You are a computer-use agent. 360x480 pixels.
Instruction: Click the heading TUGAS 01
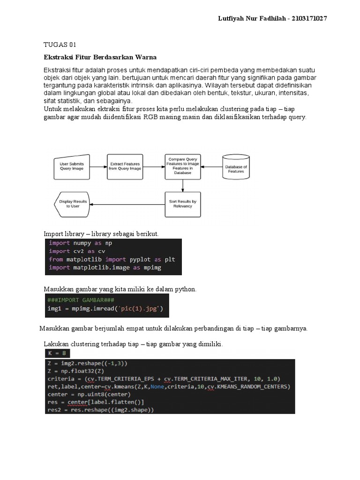click(x=60, y=45)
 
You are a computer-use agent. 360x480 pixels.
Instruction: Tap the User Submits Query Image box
click(x=72, y=166)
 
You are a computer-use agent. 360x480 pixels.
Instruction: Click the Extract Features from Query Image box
click(x=125, y=166)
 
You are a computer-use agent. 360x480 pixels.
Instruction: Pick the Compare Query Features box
click(x=183, y=166)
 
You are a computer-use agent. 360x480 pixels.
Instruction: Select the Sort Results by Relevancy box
click(x=183, y=204)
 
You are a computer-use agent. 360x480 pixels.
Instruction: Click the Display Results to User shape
click(x=72, y=204)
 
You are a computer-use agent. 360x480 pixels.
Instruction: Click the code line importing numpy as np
click(x=81, y=243)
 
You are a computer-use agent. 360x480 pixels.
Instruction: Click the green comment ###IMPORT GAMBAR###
click(x=81, y=300)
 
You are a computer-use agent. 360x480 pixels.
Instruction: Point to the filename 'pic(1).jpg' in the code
click(x=139, y=309)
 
